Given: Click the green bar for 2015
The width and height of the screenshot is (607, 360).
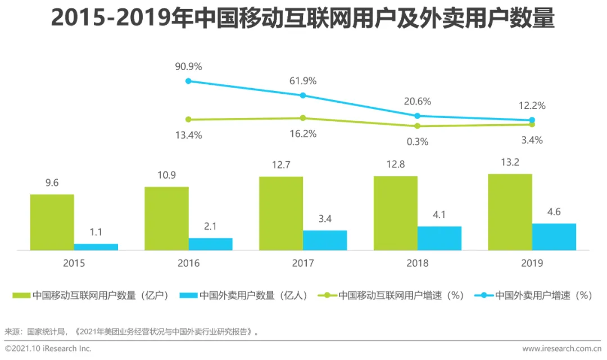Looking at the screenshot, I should (52, 222).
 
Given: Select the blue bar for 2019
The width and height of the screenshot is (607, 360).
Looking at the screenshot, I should (554, 236).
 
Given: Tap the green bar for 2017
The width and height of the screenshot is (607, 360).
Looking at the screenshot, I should (281, 213).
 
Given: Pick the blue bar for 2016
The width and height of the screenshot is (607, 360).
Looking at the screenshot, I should (210, 244).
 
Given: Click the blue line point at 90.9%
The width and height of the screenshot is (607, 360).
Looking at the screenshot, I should (188, 81).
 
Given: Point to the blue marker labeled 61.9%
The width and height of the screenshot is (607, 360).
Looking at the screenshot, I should (303, 95).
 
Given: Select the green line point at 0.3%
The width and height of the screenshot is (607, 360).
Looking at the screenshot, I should (418, 126).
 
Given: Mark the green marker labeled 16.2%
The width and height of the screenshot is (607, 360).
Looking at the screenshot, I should (303, 118).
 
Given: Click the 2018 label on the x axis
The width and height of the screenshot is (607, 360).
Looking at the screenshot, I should (417, 263).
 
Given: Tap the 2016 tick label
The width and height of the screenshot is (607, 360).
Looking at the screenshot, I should (188, 263).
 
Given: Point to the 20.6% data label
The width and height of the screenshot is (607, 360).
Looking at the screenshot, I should (418, 102).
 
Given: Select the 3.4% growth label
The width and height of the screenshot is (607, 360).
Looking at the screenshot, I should (531, 140).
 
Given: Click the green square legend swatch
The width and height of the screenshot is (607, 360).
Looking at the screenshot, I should (21, 295).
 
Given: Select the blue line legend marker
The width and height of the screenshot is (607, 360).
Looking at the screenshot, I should (484, 295).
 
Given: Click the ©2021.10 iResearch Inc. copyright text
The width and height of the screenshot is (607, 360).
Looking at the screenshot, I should (48, 349).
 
